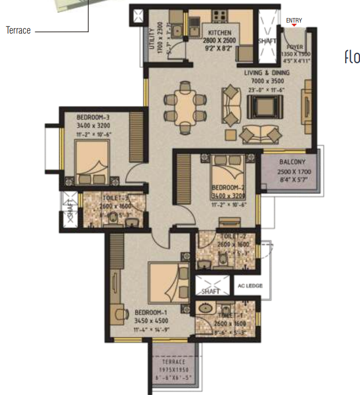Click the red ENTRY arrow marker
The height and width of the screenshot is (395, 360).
pos(294,25)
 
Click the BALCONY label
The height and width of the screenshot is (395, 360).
pos(289,162)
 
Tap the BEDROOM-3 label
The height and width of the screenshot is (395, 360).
pos(93,117)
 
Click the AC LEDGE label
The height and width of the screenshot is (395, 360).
pos(249,286)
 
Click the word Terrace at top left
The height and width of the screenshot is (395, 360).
pos(18,30)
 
